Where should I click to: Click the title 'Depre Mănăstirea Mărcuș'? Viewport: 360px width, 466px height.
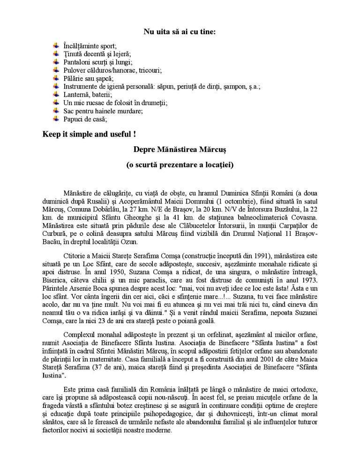(x=180, y=149)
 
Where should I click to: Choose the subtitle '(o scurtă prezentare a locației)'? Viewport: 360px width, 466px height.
(x=180, y=165)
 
